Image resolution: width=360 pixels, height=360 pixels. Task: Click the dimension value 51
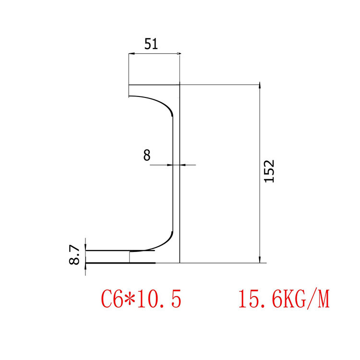(x=151, y=44)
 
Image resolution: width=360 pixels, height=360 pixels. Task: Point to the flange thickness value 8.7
(x=74, y=254)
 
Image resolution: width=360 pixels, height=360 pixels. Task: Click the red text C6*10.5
(x=141, y=299)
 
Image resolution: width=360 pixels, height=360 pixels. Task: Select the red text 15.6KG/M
(x=284, y=299)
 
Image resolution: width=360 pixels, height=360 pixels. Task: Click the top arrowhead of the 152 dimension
(x=260, y=86)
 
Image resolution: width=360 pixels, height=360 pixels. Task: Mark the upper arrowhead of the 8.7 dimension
(x=85, y=248)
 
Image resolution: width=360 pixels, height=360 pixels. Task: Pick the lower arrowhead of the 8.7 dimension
(x=85, y=265)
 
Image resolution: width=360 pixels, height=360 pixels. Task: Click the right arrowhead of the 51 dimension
(x=177, y=54)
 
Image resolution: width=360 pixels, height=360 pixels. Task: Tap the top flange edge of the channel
(x=154, y=85)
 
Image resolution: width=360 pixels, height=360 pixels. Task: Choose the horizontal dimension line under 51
(x=154, y=54)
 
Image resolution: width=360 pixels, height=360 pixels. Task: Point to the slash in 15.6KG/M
(x=312, y=299)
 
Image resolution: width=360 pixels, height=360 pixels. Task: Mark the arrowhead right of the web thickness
(x=182, y=165)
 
